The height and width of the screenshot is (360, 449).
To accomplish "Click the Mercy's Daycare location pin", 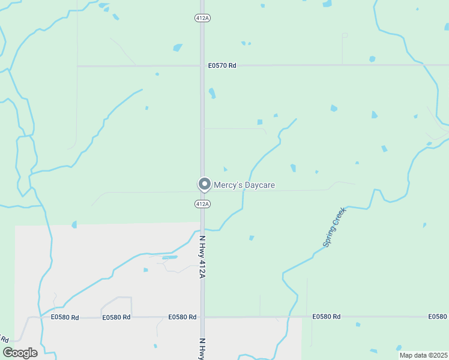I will coord(204,184).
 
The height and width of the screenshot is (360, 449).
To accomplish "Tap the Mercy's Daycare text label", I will coord(244,185).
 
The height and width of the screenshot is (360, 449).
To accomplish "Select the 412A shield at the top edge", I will coord(202,18).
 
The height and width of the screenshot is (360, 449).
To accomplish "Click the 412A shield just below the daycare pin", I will coord(202,205).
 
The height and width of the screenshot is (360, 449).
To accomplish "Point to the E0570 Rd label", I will coord(222,65).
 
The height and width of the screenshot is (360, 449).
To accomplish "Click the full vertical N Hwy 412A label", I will coord(202,257).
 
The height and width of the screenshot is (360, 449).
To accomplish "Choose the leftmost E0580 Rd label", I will coord(65,317).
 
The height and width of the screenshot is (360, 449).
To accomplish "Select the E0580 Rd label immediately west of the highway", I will coord(182,317).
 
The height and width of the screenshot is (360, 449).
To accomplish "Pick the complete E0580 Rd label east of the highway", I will coord(327,316).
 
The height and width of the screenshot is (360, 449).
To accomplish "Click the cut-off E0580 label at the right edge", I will coord(438,316).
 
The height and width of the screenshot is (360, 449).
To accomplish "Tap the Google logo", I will coord(20,353).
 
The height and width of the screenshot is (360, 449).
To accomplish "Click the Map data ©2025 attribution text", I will coord(424,355).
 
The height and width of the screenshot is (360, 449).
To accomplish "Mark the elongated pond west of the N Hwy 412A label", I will coord(170,257).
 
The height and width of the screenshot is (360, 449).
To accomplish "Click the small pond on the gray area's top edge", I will coord(74,224).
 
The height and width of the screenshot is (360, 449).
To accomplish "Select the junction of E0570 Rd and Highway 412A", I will coord(202,65).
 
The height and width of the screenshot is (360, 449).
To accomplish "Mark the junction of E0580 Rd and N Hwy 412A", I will coord(202,317).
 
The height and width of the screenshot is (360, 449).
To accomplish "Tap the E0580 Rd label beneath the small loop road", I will coord(116,317).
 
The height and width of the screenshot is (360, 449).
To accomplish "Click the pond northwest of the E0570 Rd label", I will coord(177,47).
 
